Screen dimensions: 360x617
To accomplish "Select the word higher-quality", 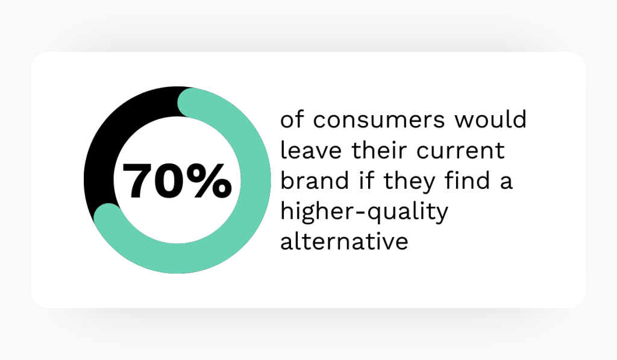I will (365, 212).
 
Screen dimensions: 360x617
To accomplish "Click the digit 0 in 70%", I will (172, 181).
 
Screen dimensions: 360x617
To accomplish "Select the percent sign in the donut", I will (210, 181).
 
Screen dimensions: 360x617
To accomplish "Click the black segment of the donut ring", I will (114, 133).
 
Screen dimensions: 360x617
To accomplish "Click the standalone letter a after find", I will (506, 181).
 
